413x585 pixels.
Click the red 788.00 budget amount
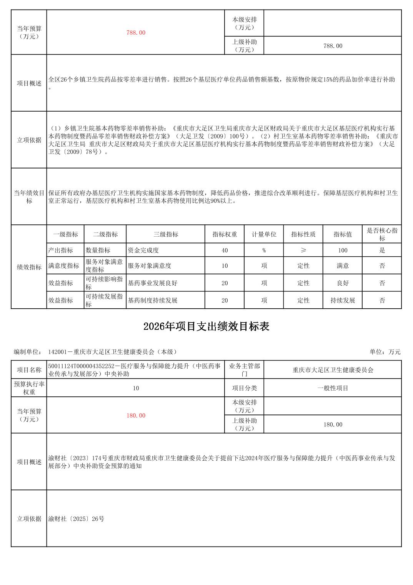[x=136, y=33]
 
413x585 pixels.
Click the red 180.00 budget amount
[x=136, y=416]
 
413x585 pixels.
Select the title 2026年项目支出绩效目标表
[x=206, y=326]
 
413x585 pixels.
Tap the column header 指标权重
[x=225, y=234]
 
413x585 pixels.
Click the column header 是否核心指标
[x=382, y=234]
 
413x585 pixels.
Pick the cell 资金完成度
[x=143, y=250]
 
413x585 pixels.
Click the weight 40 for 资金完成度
[x=225, y=251]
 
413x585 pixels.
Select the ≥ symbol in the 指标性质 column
[x=303, y=250]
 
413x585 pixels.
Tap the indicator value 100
[x=343, y=251]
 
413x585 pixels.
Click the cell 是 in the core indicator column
[x=382, y=250]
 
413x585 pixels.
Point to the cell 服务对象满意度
[x=149, y=266]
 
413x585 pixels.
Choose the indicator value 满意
[x=343, y=266]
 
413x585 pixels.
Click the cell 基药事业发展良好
[x=152, y=283]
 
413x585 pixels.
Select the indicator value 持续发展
[x=343, y=300]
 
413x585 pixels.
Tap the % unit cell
[x=264, y=251]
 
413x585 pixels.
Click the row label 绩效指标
[x=29, y=267]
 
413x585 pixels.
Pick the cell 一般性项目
[x=333, y=388]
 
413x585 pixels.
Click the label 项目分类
[x=244, y=388]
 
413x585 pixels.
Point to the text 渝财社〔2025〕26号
[x=76, y=519]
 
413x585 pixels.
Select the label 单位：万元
[x=385, y=352]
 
